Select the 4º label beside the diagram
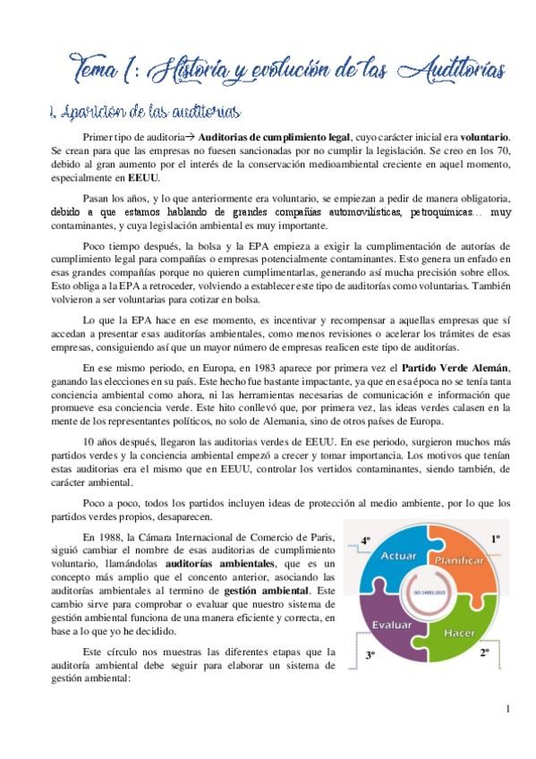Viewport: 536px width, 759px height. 365,540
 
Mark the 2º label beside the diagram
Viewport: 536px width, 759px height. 484,653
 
